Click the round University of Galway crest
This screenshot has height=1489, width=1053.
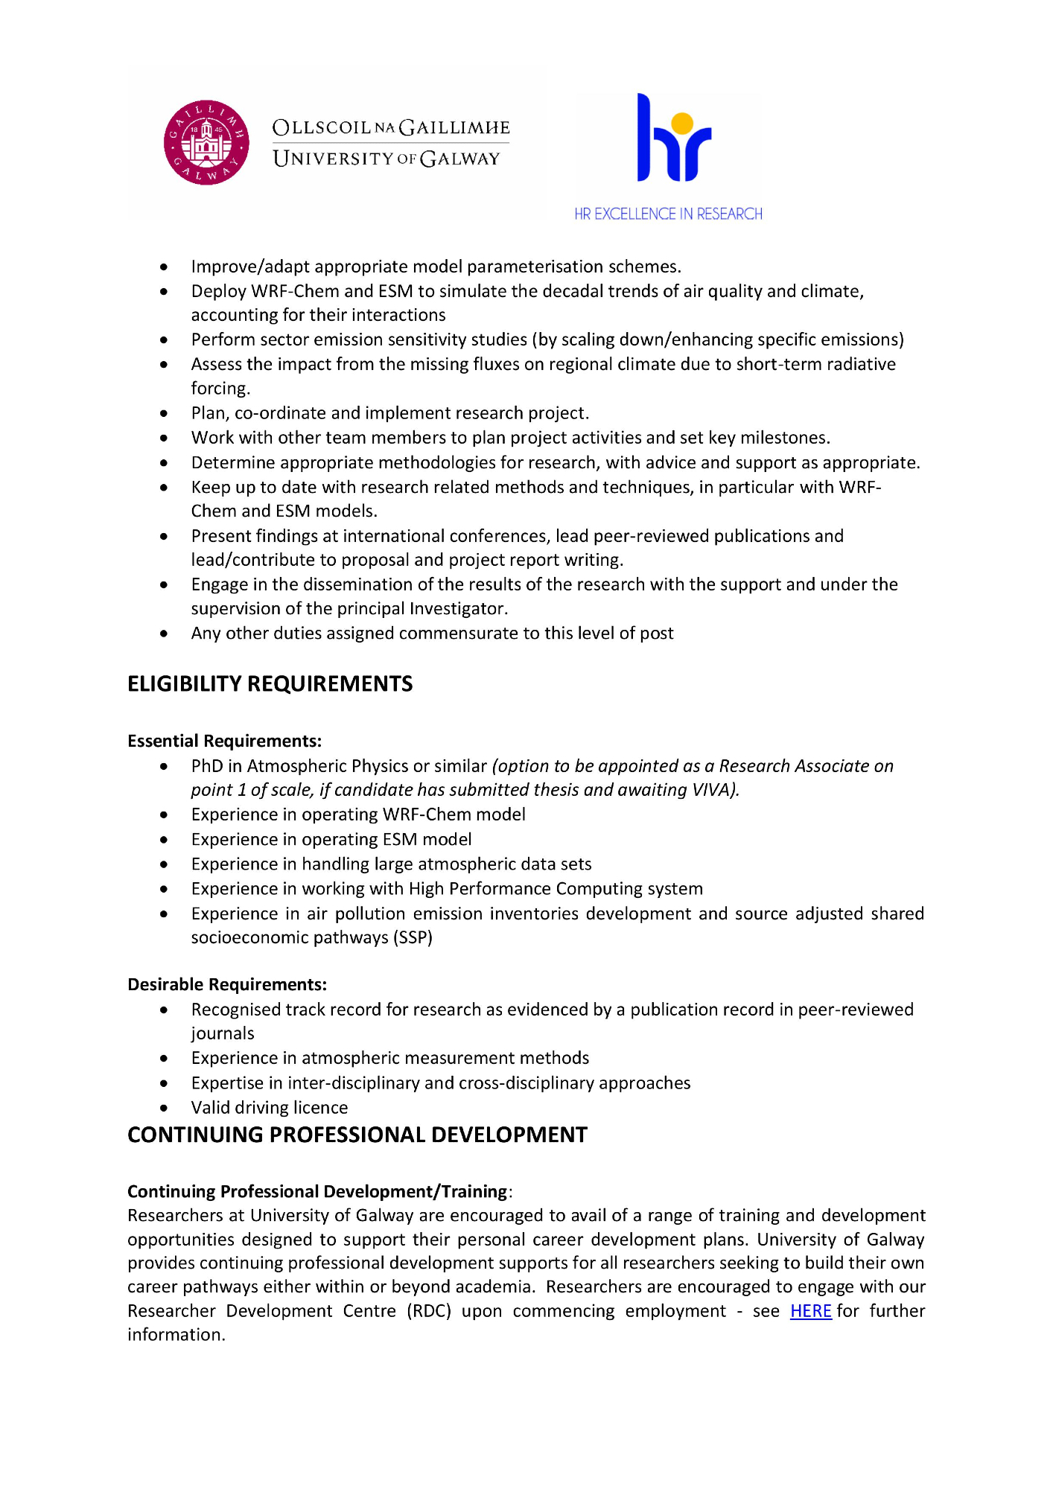coord(206,142)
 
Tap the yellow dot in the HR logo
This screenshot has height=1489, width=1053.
coord(682,124)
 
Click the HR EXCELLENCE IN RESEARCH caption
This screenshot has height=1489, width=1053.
coord(668,214)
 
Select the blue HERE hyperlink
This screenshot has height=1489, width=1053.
coord(810,1311)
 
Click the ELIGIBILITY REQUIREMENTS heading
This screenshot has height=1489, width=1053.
coord(270,684)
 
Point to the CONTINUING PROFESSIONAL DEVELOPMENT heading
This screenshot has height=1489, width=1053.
coord(357,1135)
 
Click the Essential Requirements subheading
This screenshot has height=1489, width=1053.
coord(224,742)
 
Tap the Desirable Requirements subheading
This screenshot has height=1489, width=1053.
coord(227,985)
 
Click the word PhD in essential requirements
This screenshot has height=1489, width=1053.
coord(207,766)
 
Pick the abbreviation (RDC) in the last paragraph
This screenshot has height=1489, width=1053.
coord(429,1311)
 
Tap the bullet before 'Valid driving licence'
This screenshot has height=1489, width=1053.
coord(164,1108)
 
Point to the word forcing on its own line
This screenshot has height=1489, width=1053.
coord(220,389)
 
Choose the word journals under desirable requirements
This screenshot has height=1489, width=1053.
coord(223,1033)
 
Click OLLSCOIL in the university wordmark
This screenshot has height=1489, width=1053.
coord(322,127)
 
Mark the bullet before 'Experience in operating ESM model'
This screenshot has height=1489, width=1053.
coord(164,840)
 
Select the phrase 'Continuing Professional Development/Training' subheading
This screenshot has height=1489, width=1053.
coord(317,1192)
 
